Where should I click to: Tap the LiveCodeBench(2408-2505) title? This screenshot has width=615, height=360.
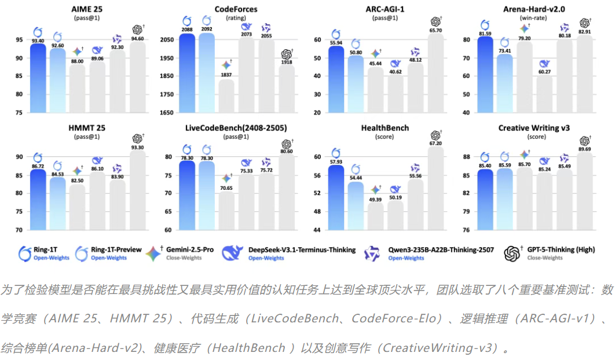pyautogui.click(x=233, y=127)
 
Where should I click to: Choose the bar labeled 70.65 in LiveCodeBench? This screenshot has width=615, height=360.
pyautogui.click(x=226, y=211)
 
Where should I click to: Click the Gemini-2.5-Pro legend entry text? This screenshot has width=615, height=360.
pyautogui.click(x=190, y=249)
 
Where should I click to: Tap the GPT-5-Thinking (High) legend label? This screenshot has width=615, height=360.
pyautogui.click(x=559, y=249)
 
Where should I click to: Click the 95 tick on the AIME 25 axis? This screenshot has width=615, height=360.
pyautogui.click(x=19, y=40)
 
